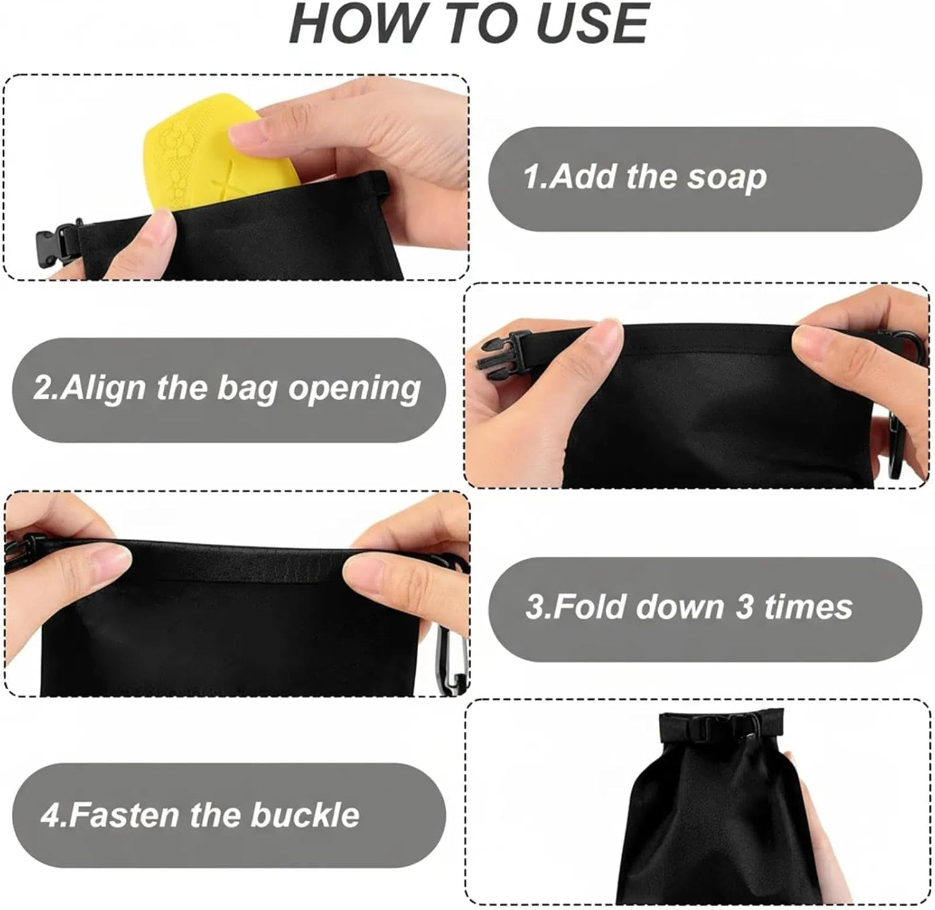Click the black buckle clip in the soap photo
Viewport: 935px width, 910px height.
(55, 243)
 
